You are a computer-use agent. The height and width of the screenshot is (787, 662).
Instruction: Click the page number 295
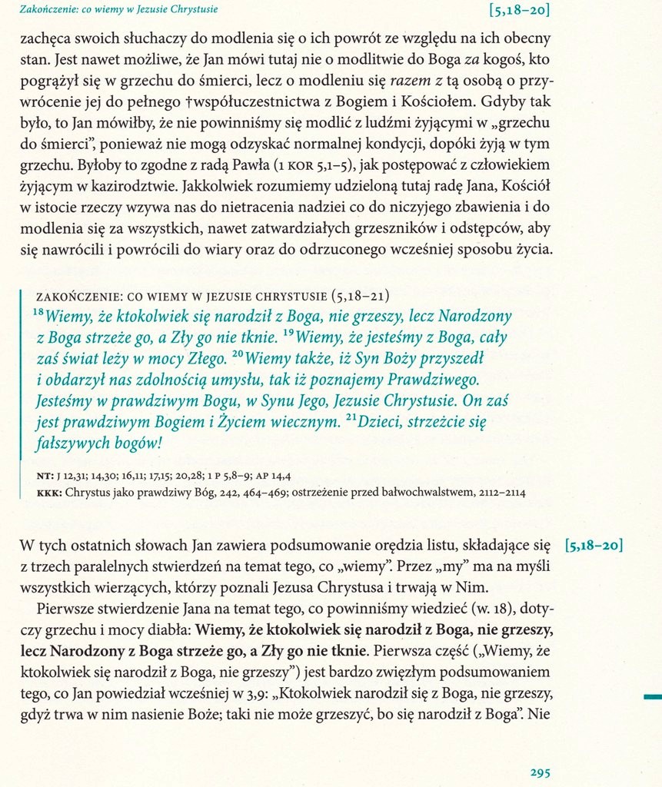(540, 773)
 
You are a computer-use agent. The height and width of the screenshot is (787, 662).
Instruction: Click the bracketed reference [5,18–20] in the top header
(519, 10)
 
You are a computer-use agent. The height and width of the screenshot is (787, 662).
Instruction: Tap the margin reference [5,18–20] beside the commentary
(593, 546)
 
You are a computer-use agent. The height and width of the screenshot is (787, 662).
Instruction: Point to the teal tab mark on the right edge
(652, 696)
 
